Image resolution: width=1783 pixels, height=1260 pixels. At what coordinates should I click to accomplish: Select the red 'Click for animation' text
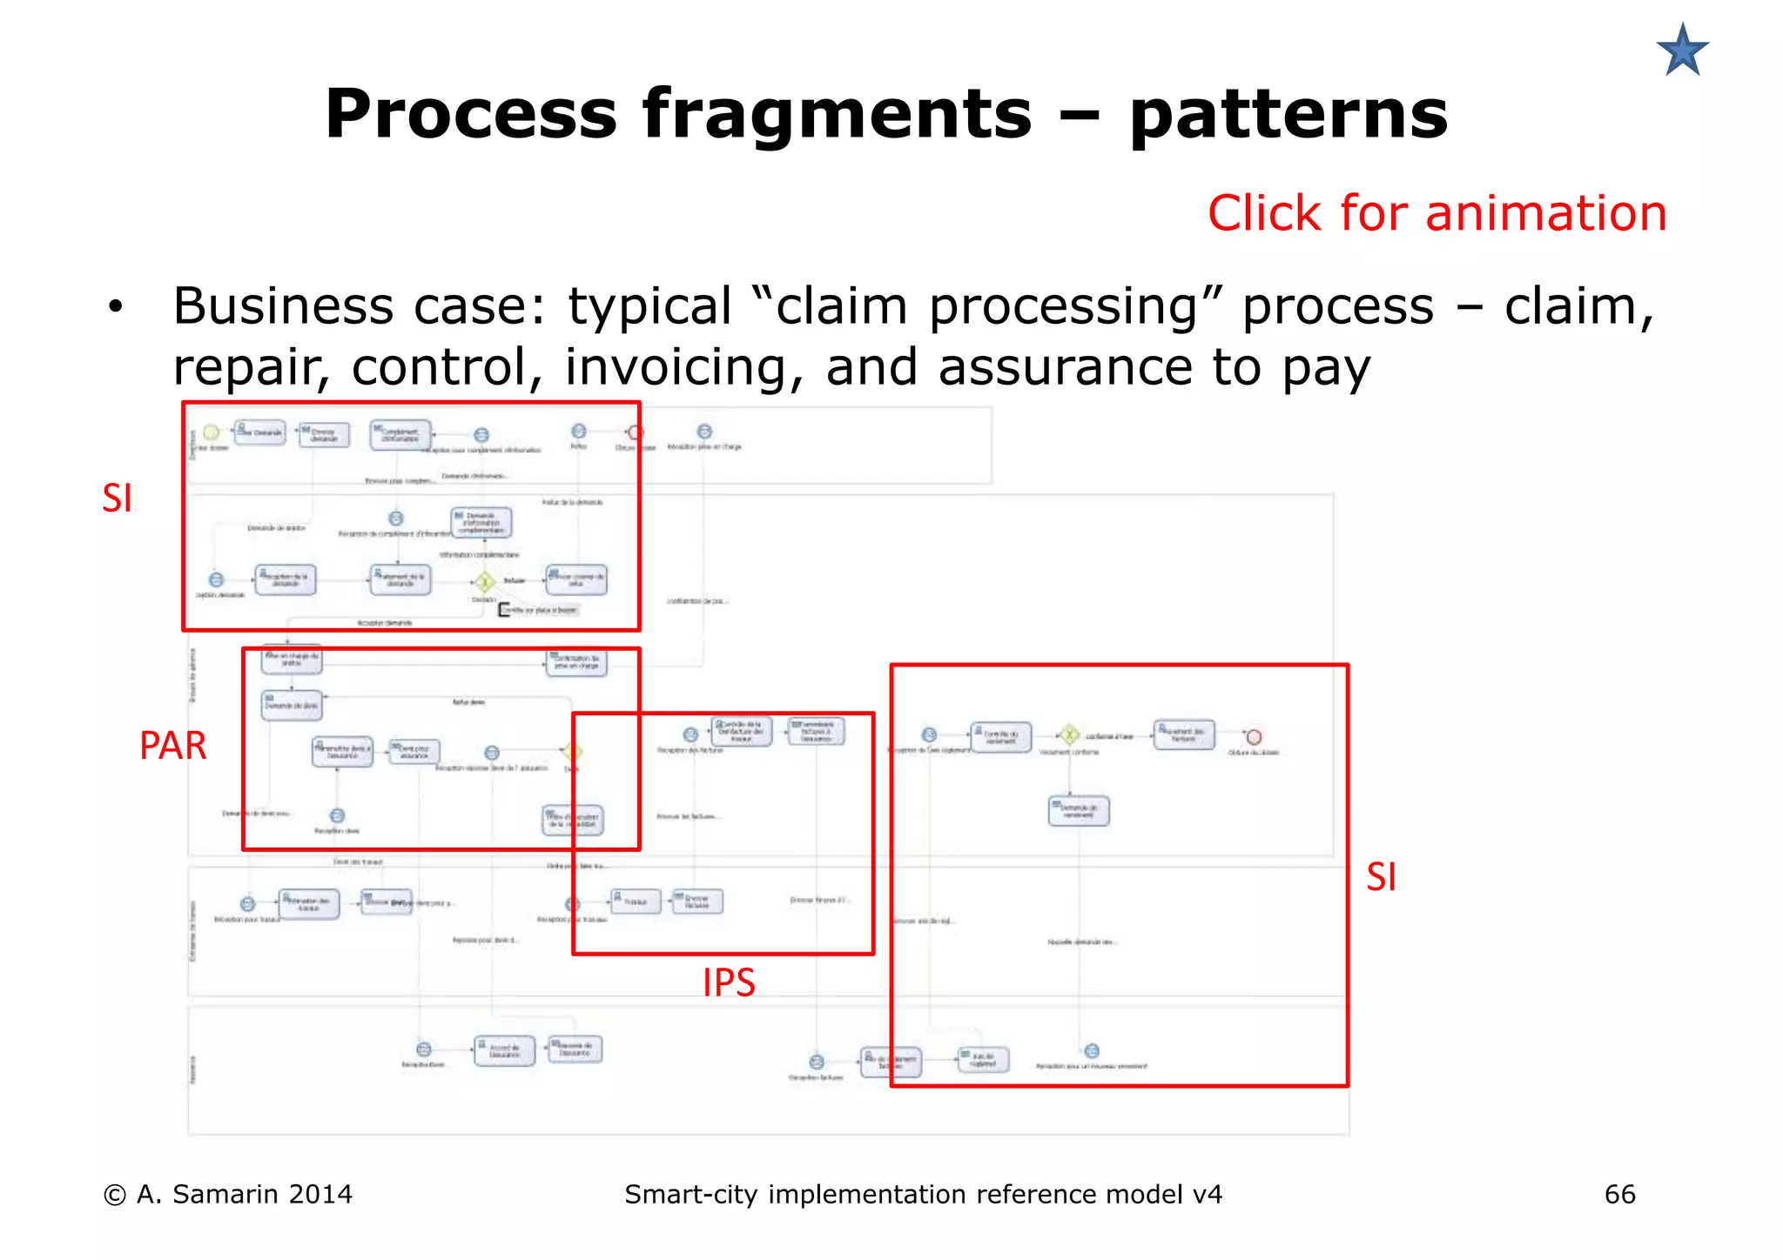[x=1436, y=213]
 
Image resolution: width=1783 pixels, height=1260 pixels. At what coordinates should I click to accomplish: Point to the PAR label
[x=172, y=746]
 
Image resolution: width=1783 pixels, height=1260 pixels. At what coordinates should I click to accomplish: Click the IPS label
[x=729, y=983]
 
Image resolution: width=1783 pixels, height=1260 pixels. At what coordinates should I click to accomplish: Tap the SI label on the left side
[x=117, y=498]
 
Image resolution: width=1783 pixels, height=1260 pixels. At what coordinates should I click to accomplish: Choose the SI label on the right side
[x=1381, y=876]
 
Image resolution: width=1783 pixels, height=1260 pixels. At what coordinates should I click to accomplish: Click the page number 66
[x=1619, y=1194]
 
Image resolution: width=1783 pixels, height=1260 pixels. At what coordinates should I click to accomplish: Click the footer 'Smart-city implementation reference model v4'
[x=923, y=1194]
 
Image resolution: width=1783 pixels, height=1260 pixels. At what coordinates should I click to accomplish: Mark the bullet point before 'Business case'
[x=116, y=307]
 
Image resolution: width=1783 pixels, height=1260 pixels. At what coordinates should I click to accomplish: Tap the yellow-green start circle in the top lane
[x=211, y=432]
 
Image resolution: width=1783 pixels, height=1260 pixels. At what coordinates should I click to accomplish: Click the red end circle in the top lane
[x=636, y=432]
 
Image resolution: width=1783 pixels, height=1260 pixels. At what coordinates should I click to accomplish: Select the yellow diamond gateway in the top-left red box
[x=485, y=581]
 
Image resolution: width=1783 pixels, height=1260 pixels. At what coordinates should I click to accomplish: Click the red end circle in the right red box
[x=1254, y=737]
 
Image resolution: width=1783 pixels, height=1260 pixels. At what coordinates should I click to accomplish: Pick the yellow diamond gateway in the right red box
[x=1069, y=735]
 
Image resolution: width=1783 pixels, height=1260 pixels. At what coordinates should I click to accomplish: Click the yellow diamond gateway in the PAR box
[x=571, y=751]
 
